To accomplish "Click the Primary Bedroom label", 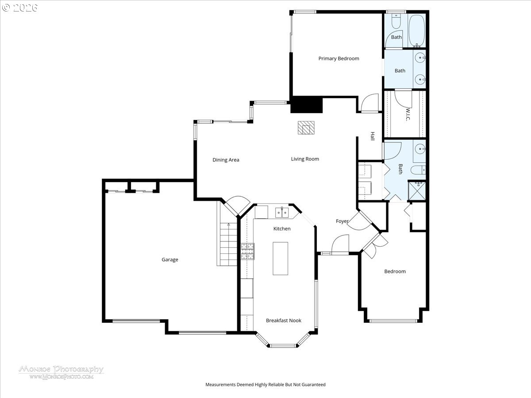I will pyautogui.click(x=339, y=58).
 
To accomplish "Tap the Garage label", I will pyautogui.click(x=169, y=260).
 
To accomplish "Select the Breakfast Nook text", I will pyautogui.click(x=283, y=320).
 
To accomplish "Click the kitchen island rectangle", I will pyautogui.click(x=280, y=258).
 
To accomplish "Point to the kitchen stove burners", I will pyautogui.click(x=248, y=252).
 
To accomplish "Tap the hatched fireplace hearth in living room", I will pyautogui.click(x=305, y=128).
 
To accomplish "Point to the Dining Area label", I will pyautogui.click(x=226, y=160).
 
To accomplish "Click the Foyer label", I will pyautogui.click(x=342, y=221).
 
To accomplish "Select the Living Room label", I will pyautogui.click(x=305, y=159).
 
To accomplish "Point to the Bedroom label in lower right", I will pyautogui.click(x=395, y=271).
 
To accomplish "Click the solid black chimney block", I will pyautogui.click(x=307, y=105).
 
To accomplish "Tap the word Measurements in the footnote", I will pyautogui.click(x=220, y=385).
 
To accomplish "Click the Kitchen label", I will pyautogui.click(x=282, y=229).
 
